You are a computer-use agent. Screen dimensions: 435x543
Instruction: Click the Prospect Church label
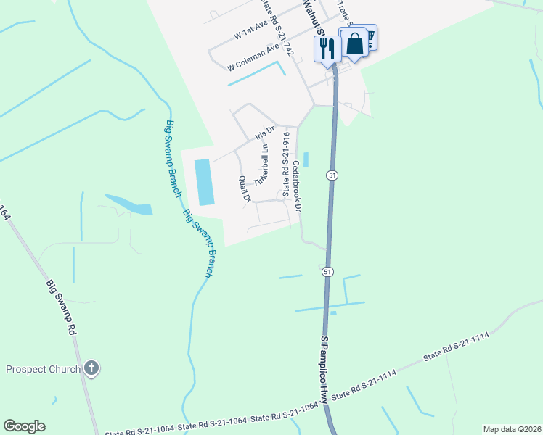click(43, 369)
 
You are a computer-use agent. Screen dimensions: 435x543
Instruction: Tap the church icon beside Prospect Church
click(91, 368)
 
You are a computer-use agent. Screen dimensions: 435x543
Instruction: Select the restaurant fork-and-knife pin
click(327, 49)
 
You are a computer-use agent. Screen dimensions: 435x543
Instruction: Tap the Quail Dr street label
click(245, 188)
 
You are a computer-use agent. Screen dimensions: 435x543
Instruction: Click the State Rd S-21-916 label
click(287, 164)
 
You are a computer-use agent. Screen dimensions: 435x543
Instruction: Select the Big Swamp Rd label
click(62, 307)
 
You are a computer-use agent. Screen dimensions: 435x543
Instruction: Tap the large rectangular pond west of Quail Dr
click(204, 181)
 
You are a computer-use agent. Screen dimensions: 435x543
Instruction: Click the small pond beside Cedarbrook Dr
click(305, 159)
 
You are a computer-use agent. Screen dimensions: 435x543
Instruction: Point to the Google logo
click(24, 426)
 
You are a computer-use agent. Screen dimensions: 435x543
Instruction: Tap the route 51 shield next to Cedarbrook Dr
click(331, 176)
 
